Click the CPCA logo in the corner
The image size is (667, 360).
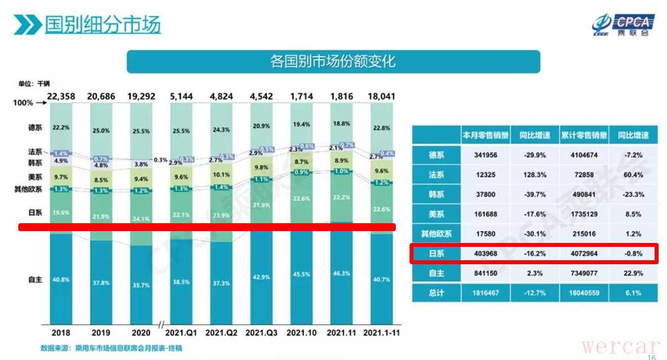pos(624,25)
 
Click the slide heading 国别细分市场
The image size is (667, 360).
pos(102,24)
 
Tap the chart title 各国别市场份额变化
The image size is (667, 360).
pos(333,62)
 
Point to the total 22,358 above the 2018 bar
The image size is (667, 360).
pos(61,96)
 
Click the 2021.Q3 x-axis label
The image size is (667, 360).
pos(262,332)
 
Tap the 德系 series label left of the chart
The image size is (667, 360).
pos(35,127)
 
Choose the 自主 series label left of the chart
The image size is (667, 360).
pos(35,280)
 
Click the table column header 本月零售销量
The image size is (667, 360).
pos(486,135)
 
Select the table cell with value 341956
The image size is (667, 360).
pos(486,155)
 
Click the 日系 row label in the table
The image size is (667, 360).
pos(436,253)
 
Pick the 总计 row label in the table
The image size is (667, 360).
pos(436,293)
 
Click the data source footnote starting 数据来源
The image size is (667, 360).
pos(111,348)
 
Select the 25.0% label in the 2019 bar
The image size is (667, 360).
pos(102,130)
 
